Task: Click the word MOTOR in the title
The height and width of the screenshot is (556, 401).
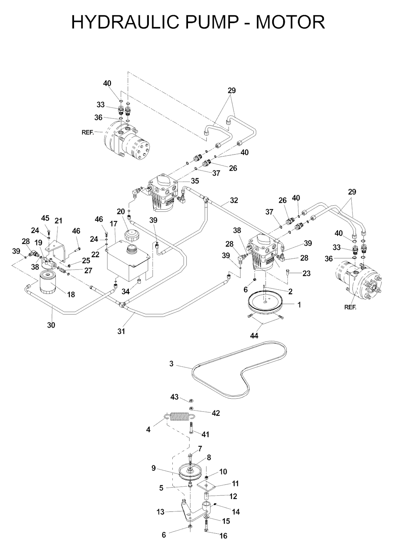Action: tap(290, 22)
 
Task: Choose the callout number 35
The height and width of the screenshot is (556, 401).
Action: tap(195, 181)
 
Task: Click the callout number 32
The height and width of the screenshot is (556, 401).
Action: tap(234, 200)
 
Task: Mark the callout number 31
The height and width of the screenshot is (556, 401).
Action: tap(121, 331)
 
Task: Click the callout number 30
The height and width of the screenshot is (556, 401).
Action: tap(51, 325)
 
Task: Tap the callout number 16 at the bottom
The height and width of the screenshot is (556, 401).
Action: tap(223, 536)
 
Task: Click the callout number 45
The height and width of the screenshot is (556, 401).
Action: tap(45, 218)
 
